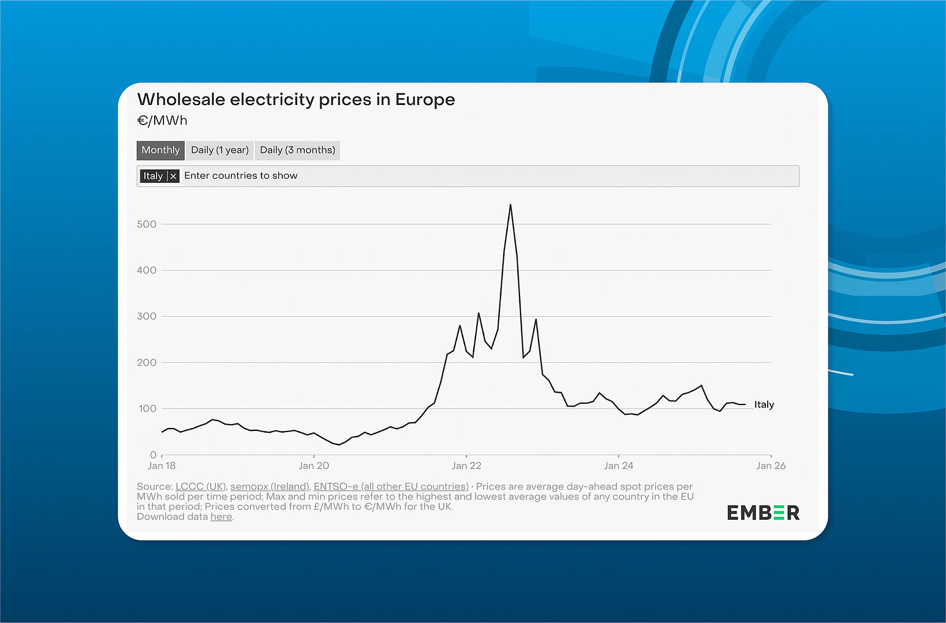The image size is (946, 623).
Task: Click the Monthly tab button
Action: (x=160, y=150)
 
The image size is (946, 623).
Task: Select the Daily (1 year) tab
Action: (x=219, y=150)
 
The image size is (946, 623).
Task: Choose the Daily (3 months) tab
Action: (x=297, y=150)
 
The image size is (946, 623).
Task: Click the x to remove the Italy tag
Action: (x=173, y=176)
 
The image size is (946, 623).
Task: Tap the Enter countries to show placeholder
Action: (x=241, y=176)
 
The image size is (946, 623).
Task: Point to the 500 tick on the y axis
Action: (x=147, y=224)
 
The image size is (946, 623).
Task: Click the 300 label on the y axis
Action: (x=147, y=316)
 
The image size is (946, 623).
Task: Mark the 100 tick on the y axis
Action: (x=147, y=408)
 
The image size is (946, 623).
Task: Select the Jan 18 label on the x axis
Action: (x=162, y=466)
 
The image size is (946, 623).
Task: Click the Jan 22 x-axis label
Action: (x=466, y=466)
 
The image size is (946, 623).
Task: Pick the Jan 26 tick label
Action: (x=771, y=466)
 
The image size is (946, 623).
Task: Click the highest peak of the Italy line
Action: (x=510, y=205)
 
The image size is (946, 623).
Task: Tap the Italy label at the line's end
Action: (x=764, y=404)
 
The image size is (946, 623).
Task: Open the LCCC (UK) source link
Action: (x=200, y=486)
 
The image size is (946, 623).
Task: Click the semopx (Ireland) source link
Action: (x=270, y=486)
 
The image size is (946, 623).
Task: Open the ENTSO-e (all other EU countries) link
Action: (x=391, y=486)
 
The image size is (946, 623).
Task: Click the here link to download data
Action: (x=221, y=516)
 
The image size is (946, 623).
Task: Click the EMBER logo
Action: (x=762, y=512)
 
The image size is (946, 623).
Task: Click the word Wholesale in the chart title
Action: (x=181, y=99)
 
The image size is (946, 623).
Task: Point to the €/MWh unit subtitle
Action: (x=162, y=121)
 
